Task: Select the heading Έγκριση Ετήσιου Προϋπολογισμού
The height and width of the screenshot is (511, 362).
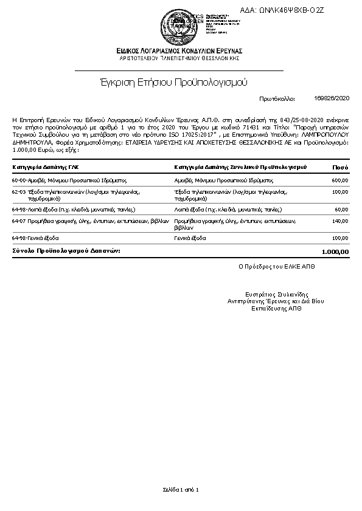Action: (x=173, y=81)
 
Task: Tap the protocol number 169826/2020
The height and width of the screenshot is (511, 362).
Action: (x=332, y=98)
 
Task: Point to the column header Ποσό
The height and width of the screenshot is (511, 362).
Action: (x=340, y=166)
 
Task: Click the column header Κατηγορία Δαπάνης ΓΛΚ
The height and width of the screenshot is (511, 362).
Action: (x=46, y=166)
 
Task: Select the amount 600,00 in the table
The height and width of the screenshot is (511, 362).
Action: (x=340, y=180)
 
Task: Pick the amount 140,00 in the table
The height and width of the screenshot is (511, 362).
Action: (x=340, y=222)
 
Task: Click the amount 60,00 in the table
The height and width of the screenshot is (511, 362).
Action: (x=341, y=209)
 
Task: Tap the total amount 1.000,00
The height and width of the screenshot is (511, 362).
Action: (x=335, y=252)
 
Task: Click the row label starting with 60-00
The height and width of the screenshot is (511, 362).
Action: (x=69, y=180)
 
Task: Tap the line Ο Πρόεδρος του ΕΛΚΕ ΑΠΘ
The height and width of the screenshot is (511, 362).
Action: (x=277, y=266)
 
